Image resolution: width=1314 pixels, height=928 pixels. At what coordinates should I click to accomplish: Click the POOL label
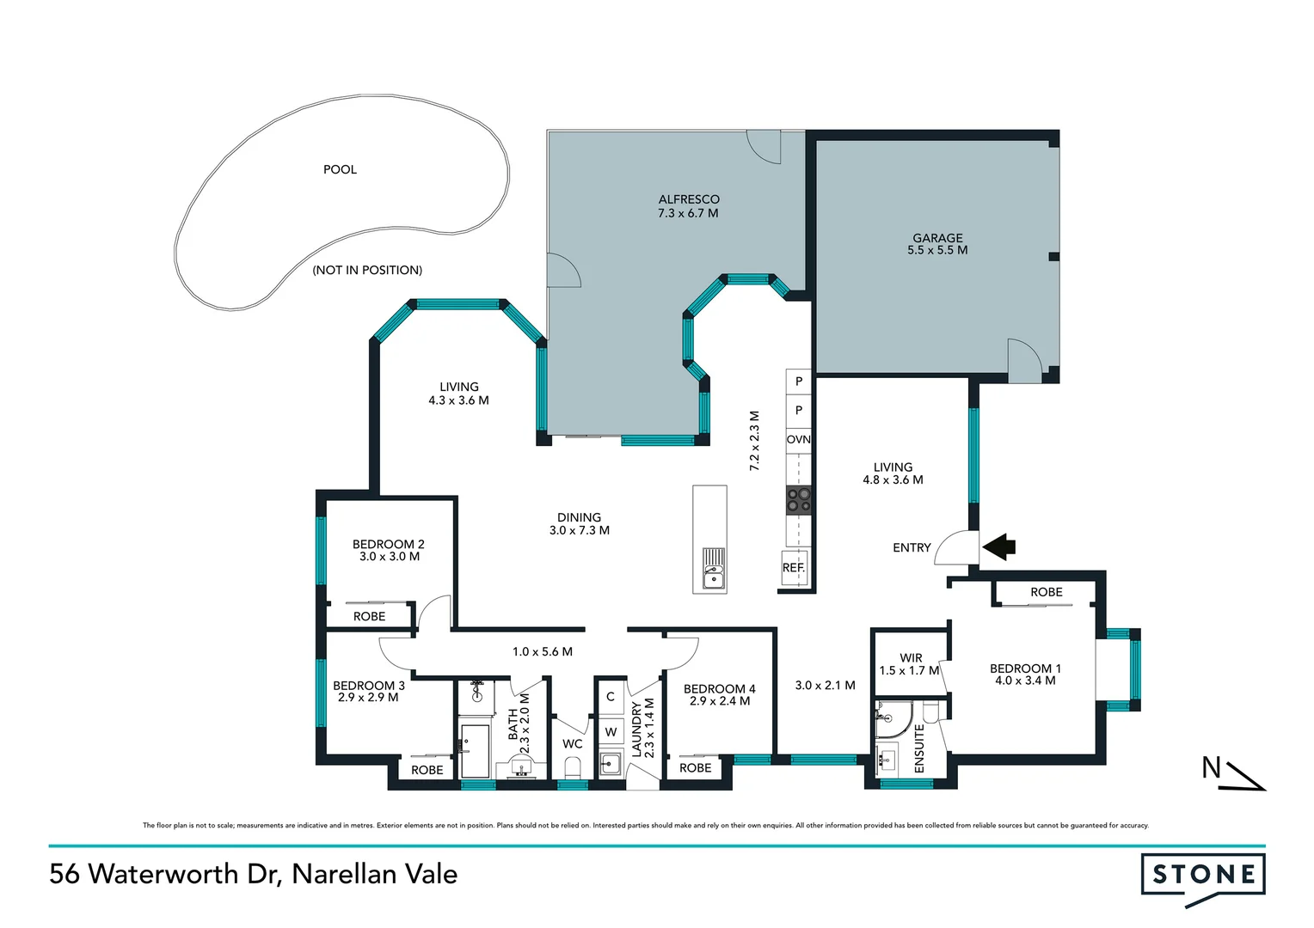(340, 169)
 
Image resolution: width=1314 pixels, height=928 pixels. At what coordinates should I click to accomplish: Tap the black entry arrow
(999, 546)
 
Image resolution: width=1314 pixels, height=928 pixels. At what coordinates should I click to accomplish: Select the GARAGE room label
(937, 238)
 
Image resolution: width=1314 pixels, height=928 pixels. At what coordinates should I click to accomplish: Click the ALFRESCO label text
(689, 199)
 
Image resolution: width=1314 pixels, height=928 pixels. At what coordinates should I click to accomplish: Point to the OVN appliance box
(799, 439)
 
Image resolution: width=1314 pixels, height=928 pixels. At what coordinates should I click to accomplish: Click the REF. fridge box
(794, 568)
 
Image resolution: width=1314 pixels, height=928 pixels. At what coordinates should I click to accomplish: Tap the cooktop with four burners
(799, 500)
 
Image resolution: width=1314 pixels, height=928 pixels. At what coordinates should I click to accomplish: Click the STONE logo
(1203, 876)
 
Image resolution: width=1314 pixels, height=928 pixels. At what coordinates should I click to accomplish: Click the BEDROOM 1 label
(1025, 669)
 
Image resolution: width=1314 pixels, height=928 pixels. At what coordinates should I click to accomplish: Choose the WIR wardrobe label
(911, 658)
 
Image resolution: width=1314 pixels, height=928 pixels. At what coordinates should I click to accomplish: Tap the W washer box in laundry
(611, 732)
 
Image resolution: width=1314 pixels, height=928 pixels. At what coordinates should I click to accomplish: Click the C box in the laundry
(611, 697)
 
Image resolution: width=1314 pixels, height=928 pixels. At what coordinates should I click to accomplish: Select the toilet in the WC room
(573, 766)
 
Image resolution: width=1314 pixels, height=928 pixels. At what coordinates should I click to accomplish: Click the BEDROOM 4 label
(719, 689)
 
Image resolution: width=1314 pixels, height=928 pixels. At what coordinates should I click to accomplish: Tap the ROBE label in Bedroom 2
(370, 616)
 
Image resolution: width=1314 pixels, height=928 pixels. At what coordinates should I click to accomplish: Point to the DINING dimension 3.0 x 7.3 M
(580, 530)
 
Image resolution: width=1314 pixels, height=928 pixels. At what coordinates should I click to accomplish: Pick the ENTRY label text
(912, 547)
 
